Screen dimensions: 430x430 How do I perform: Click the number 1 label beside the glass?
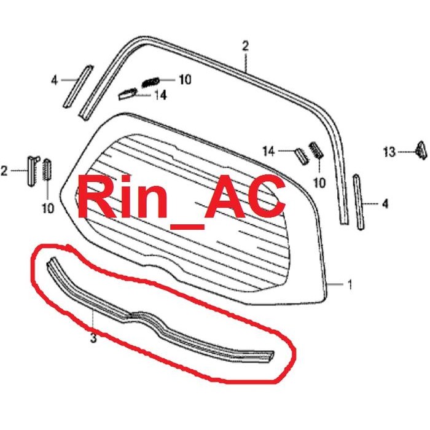click(350, 285)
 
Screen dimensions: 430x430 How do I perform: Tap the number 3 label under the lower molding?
click(93, 337)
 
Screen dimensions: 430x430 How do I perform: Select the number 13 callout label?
click(389, 151)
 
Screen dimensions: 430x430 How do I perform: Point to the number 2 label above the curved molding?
click(245, 45)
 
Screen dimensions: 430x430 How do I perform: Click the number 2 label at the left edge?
click(5, 170)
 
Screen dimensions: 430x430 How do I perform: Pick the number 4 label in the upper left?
click(54, 79)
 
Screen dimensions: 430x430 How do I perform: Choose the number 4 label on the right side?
click(385, 203)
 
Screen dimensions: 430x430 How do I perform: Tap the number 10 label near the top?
click(185, 79)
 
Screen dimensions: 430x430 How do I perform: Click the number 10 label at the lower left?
click(47, 208)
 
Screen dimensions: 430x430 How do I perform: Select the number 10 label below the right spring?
click(319, 182)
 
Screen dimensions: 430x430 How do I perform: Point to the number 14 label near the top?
click(160, 95)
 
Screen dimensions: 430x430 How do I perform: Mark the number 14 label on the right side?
click(268, 150)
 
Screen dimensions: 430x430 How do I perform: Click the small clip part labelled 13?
click(421, 149)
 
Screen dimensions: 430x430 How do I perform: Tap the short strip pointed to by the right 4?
click(359, 202)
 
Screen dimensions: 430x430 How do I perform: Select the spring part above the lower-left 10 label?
click(47, 169)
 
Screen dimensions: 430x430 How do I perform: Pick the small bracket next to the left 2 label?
click(31, 169)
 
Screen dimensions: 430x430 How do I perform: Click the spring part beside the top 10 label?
click(150, 82)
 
